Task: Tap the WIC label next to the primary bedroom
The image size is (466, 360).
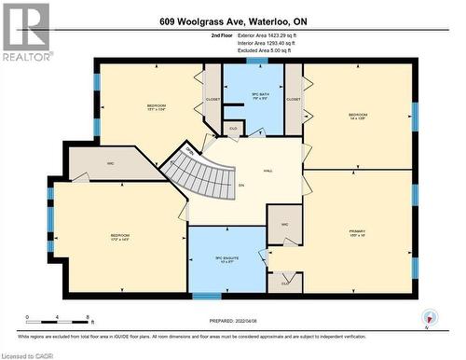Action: pos(284,226)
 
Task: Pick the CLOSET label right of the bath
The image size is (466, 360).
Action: pos(294,98)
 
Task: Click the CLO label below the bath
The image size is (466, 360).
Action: pos(233,129)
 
